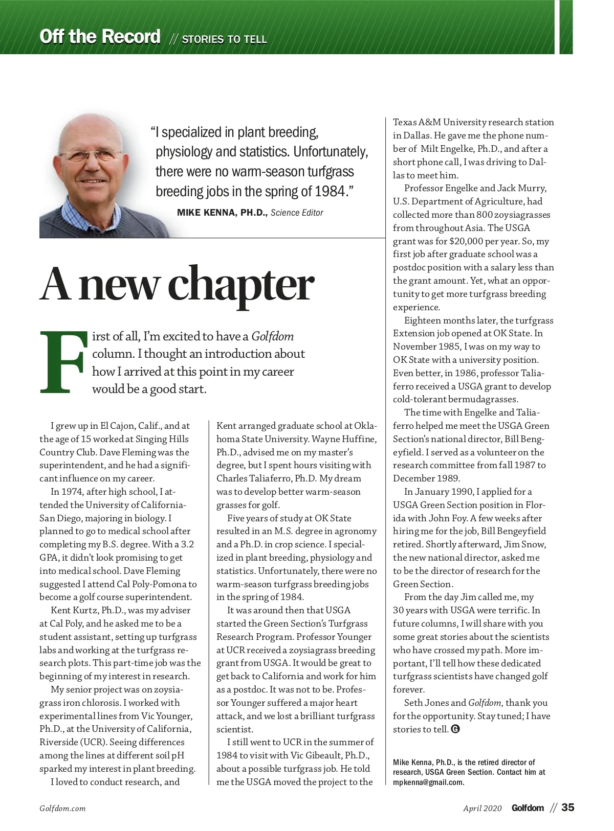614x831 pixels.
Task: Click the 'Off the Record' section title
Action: coord(100,37)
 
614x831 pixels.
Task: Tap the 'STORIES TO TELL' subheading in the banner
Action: coord(224,39)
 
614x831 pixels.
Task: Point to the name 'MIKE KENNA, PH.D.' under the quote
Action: coord(222,213)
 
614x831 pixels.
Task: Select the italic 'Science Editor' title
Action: coord(297,213)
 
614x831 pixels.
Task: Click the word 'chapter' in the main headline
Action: coord(241,285)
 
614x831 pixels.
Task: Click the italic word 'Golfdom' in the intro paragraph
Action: coord(273,336)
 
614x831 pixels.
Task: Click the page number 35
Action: coord(568,807)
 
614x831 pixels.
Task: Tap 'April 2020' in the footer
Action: coord(483,808)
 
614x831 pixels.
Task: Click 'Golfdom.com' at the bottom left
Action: coord(62,809)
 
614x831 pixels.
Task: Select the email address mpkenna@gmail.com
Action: coord(428,782)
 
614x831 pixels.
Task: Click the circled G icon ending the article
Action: coord(455,729)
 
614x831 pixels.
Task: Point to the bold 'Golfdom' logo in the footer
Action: coord(528,808)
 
